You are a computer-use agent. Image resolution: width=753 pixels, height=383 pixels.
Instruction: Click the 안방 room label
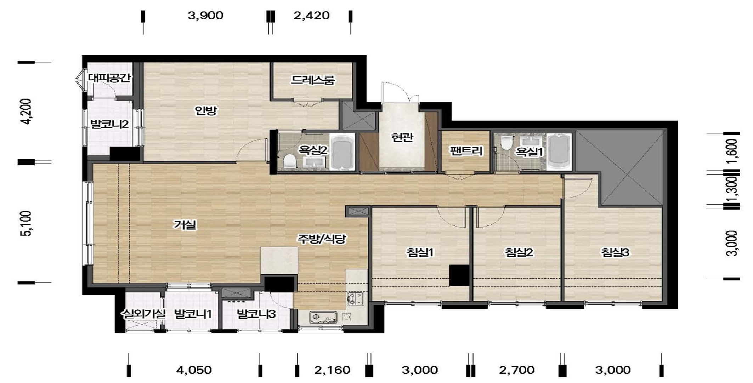[206, 111]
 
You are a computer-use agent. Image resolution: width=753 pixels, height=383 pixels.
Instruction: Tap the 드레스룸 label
[312, 80]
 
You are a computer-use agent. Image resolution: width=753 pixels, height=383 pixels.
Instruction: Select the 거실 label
[185, 224]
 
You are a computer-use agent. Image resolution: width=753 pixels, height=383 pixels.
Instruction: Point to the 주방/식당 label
[321, 239]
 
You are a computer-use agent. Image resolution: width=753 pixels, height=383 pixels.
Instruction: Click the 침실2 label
[519, 252]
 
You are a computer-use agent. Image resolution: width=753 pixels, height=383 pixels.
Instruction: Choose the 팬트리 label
[466, 151]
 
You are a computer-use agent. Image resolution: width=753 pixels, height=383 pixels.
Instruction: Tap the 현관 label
[402, 137]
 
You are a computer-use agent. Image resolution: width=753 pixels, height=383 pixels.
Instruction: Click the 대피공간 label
[109, 78]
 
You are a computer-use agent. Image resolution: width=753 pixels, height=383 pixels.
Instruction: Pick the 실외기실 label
[143, 314]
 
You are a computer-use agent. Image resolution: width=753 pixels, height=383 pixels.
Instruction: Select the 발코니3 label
[256, 314]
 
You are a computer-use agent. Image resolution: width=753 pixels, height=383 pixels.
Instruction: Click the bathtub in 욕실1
[559, 152]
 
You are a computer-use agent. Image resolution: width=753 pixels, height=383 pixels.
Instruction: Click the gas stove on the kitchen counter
[355, 299]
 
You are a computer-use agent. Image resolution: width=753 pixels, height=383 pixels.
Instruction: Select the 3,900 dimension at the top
[205, 16]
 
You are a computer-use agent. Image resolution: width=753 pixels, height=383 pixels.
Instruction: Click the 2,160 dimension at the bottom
[332, 370]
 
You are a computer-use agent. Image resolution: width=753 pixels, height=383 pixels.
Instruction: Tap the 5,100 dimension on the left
[27, 223]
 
